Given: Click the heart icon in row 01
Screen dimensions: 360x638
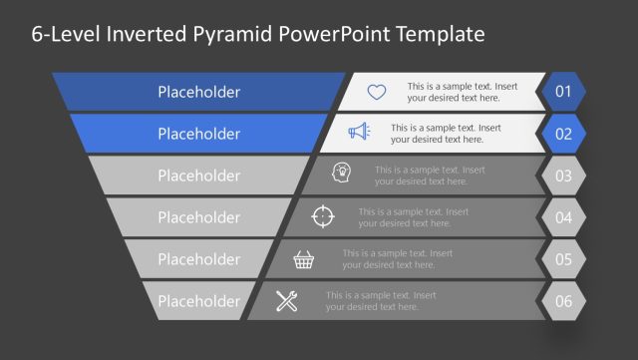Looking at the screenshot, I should click(376, 92).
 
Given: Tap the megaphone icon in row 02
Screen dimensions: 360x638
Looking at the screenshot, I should click(359, 133).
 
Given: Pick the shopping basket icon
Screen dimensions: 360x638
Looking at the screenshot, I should click(305, 259).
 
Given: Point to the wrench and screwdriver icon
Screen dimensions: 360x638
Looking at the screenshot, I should click(287, 301).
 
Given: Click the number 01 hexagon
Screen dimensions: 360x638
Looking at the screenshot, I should click(563, 92).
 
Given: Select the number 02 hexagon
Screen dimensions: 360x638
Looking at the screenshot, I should click(563, 134).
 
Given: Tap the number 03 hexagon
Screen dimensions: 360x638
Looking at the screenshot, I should click(563, 176).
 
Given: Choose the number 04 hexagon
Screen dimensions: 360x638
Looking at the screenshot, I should click(563, 217).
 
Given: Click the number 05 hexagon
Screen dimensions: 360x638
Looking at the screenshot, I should click(563, 259).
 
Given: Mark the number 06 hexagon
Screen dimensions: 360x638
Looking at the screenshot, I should click(563, 301).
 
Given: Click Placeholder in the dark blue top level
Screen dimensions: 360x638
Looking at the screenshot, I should click(198, 92).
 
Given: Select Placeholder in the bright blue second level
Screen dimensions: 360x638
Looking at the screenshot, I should click(198, 134).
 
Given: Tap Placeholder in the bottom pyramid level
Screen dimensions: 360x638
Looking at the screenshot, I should click(198, 301).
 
